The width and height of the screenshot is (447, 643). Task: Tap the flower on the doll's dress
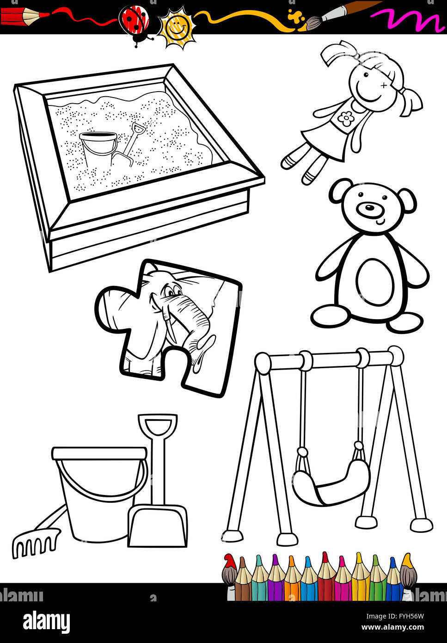click(x=345, y=119)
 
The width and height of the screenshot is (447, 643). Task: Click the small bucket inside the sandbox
click(x=98, y=146)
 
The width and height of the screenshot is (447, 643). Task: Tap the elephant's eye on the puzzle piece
click(x=171, y=292)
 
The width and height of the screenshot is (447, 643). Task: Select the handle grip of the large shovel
click(x=157, y=425)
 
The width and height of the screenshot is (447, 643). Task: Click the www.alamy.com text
click(x=392, y=628)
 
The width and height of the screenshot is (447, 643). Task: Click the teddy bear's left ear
click(x=341, y=191)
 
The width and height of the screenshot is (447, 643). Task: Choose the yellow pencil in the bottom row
click(x=359, y=575)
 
